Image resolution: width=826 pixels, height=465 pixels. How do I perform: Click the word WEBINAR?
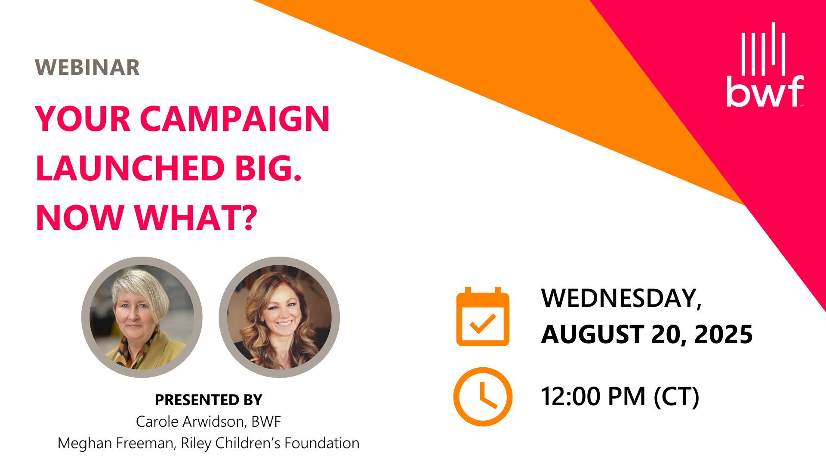(87, 68)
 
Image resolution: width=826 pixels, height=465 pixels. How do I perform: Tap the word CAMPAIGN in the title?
(235, 119)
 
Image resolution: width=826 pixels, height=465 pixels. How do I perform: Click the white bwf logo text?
(765, 91)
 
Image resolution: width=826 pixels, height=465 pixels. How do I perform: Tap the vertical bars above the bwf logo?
(763, 49)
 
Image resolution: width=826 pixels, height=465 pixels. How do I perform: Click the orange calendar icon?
(483, 316)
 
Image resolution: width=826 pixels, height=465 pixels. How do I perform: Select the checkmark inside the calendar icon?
(483, 324)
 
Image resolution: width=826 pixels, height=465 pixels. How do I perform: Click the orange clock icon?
(483, 397)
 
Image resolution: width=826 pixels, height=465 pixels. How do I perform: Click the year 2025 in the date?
(724, 335)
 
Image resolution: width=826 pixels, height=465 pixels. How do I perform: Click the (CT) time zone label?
(676, 397)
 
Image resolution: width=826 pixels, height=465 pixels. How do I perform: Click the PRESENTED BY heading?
(209, 400)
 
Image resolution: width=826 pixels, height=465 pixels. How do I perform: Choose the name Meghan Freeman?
(117, 443)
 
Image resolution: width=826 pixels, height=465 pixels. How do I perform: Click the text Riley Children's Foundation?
(270, 443)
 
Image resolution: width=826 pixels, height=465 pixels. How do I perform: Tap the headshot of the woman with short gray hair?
(142, 317)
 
